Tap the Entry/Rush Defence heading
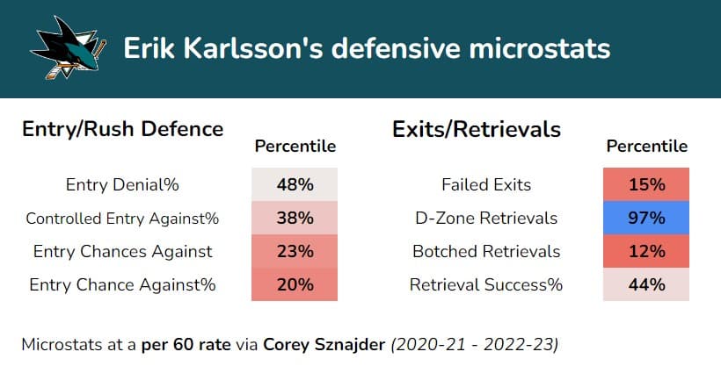click(x=122, y=129)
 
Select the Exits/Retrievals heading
click(x=477, y=129)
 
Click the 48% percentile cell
click(x=295, y=185)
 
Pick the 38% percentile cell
click(x=295, y=219)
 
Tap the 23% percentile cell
click(x=295, y=251)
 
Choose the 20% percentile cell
click(x=295, y=284)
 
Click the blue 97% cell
click(x=646, y=219)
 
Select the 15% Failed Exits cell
click(x=646, y=185)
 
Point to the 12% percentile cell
click(x=646, y=251)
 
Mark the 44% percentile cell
click(x=646, y=284)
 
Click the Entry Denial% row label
click(x=122, y=185)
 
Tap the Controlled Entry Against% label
click(x=122, y=219)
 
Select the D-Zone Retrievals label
click(x=486, y=219)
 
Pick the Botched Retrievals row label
click(x=486, y=251)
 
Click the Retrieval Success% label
click(x=486, y=284)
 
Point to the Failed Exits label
click(x=486, y=185)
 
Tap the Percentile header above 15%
click(x=646, y=147)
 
